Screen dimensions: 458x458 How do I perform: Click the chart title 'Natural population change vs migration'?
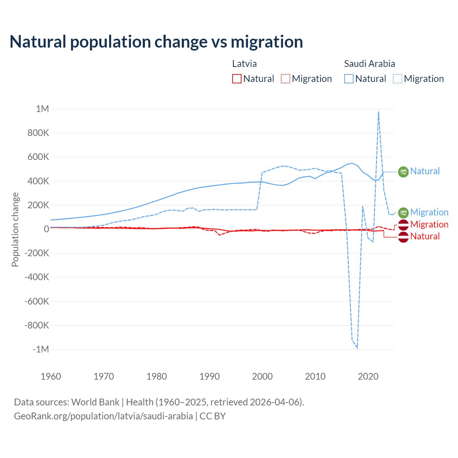[x=156, y=42]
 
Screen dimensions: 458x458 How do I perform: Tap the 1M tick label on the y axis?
[x=42, y=109]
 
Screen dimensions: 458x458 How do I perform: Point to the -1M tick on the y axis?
[x=40, y=349]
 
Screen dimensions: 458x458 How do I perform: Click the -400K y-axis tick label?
[x=36, y=277]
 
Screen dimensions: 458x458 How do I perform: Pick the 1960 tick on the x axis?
[x=51, y=376]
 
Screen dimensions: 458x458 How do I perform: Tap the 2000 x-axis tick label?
[x=262, y=376]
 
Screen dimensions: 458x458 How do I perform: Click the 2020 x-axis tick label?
[x=368, y=376]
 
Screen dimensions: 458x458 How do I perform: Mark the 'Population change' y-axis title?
[x=15, y=229]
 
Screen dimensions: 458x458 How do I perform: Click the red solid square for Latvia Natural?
[x=237, y=79]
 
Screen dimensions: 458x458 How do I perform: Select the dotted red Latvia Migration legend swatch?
[x=286, y=79]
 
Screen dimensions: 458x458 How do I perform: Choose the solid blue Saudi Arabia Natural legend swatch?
[x=349, y=79]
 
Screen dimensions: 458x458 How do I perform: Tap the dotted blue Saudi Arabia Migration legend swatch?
[x=398, y=79]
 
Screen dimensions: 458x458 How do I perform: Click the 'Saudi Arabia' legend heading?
[x=370, y=64]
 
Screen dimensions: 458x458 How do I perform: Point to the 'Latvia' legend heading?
[x=244, y=64]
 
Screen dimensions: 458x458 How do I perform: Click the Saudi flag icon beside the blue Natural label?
[x=403, y=172]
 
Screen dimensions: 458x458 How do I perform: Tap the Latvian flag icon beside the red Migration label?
[x=403, y=225]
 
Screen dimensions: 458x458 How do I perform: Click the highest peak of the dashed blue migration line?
[x=379, y=112]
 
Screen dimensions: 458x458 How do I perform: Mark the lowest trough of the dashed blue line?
[x=357, y=347]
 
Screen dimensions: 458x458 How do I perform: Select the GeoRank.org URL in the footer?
[x=103, y=416]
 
